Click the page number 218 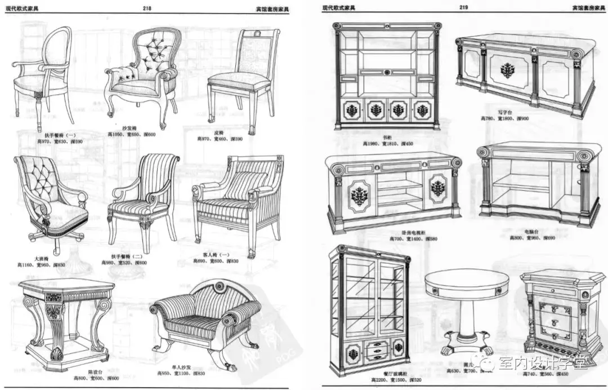[x=148, y=8]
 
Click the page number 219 [x=464, y=7]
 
